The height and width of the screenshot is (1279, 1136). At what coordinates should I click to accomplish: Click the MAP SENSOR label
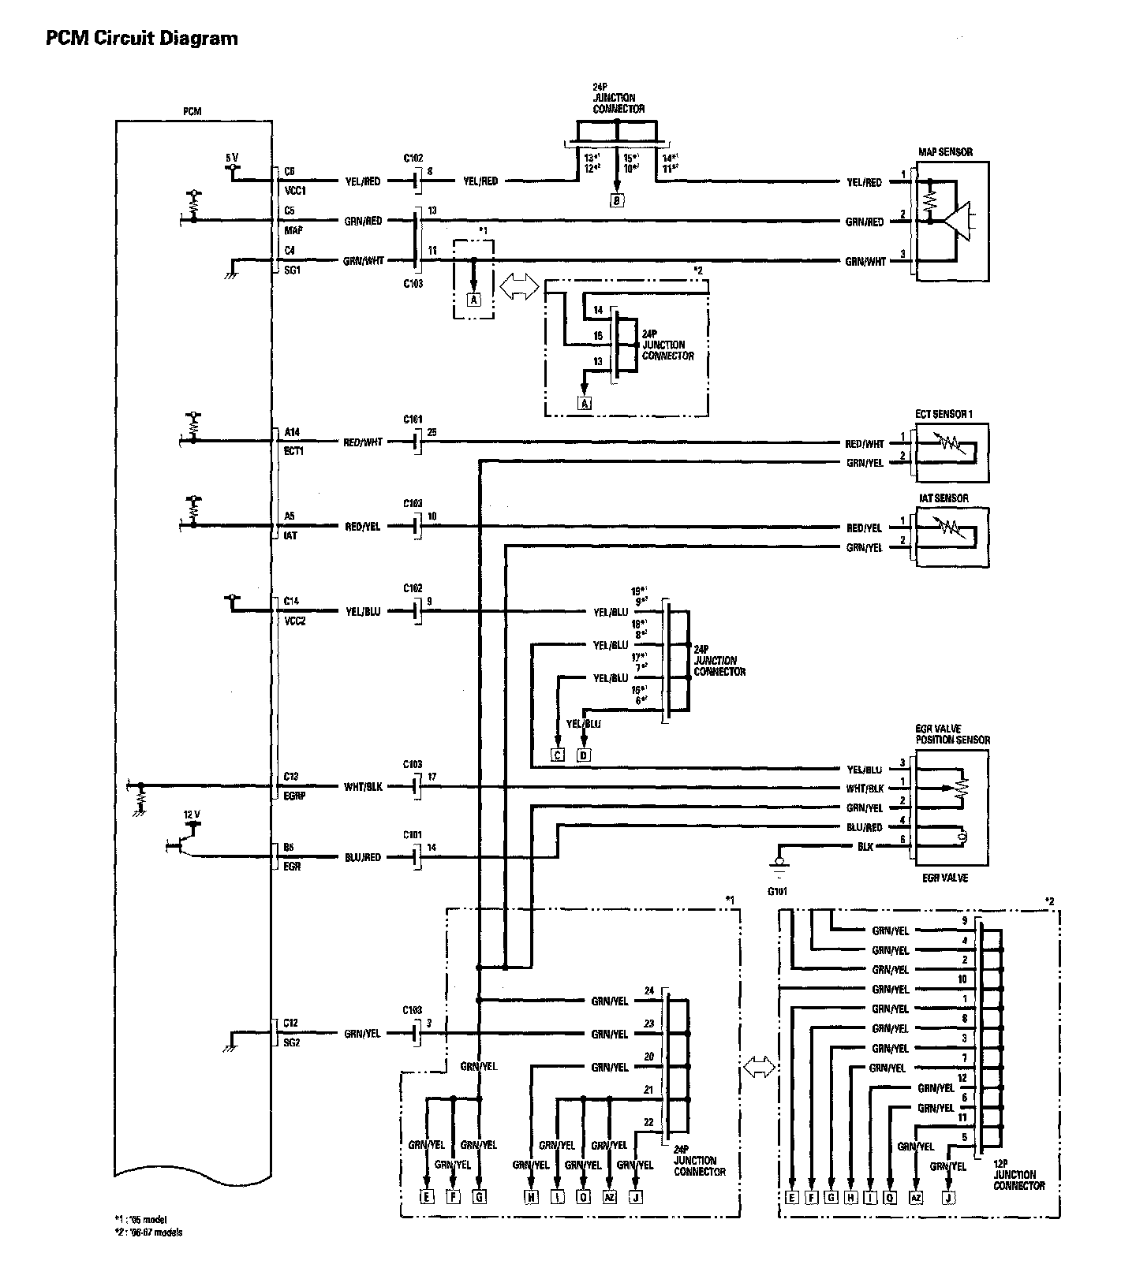pos(945,152)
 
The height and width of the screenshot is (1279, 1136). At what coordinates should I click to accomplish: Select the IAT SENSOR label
pos(943,498)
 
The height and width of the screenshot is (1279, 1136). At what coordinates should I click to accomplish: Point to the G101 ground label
pos(778,892)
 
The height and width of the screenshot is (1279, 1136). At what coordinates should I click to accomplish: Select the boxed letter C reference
pos(558,755)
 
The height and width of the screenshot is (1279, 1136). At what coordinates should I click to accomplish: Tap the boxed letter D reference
pos(584,755)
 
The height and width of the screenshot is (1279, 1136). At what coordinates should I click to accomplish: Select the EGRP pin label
pos(294,796)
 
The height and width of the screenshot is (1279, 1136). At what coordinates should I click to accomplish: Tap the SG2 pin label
pos(291,1042)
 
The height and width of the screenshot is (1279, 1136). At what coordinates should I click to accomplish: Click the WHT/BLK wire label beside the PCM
pos(363,787)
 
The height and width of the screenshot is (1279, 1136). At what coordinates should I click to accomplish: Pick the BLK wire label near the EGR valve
pos(865,845)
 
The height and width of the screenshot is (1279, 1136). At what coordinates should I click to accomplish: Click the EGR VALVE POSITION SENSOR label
pos(952,735)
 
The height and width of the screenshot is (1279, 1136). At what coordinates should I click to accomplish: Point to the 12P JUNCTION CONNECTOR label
pos(1019,1180)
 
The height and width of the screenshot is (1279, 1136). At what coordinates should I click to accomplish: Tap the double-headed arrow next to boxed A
pos(518,287)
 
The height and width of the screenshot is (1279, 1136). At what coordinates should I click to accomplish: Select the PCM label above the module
pos(192,112)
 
